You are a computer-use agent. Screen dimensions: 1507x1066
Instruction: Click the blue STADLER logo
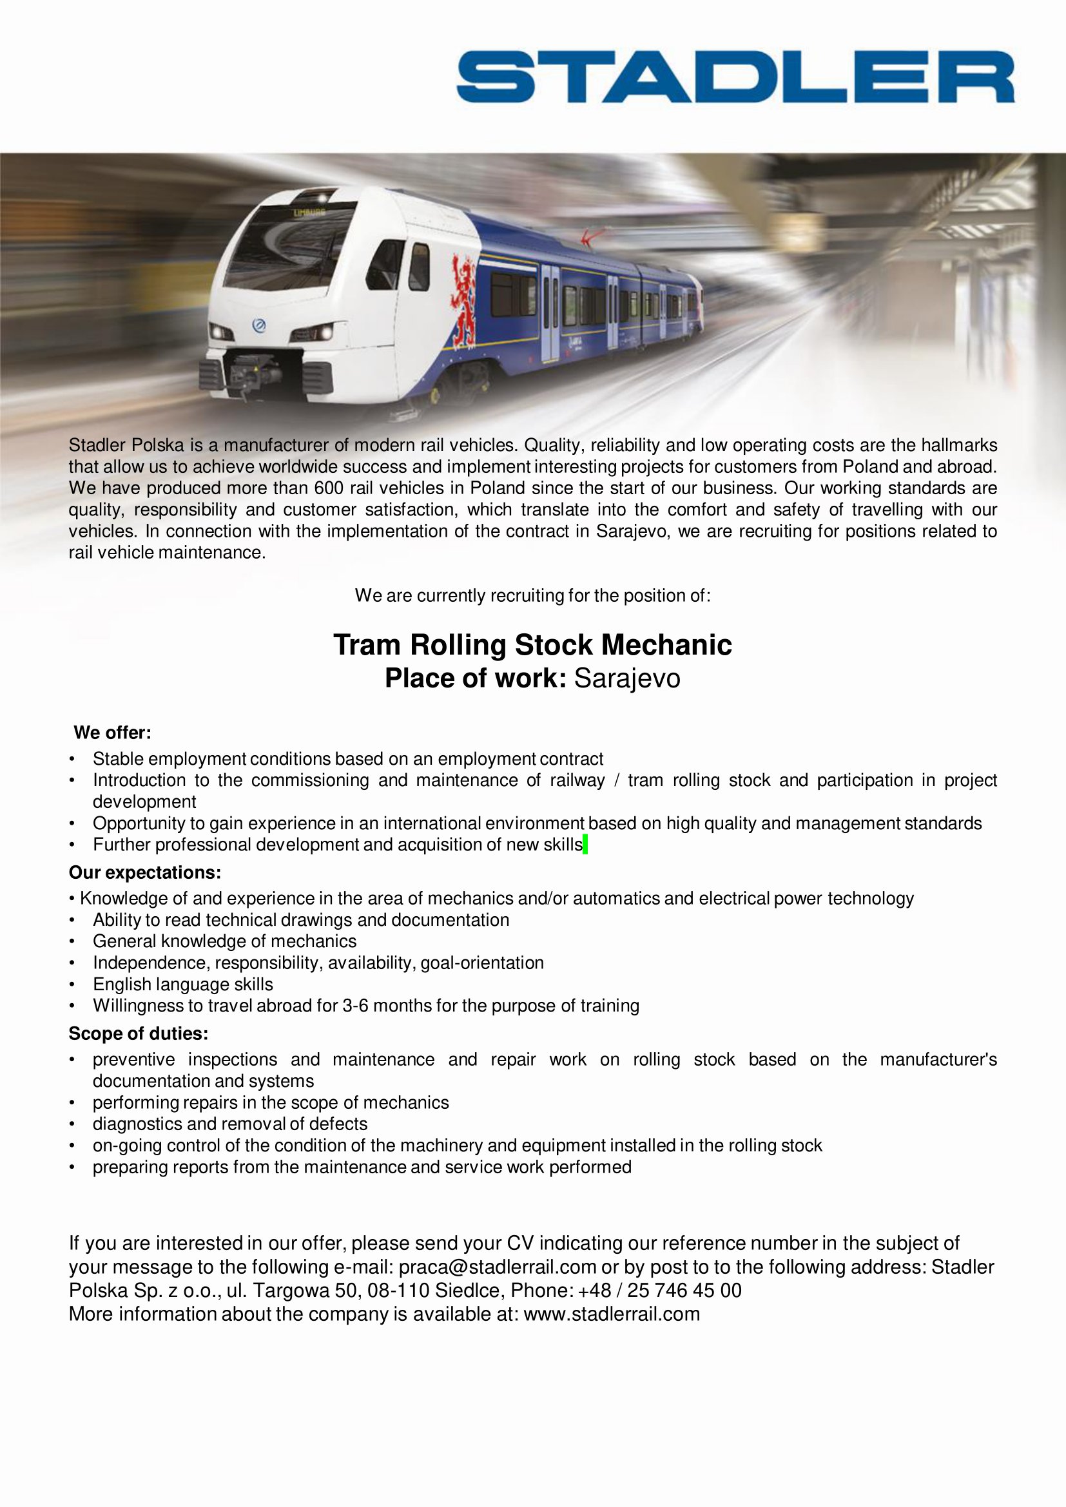(735, 77)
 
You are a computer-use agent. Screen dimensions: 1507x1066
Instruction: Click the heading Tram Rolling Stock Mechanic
(532, 644)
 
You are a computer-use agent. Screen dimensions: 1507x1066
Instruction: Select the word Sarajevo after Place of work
(627, 678)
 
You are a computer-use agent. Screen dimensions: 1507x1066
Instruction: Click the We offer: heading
(112, 732)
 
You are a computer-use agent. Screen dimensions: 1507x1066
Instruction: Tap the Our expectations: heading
(145, 873)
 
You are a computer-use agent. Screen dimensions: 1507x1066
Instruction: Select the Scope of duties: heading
(139, 1033)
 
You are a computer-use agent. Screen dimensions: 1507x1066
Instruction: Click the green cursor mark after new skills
(585, 845)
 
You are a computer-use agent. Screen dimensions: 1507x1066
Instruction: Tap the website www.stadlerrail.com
(612, 1314)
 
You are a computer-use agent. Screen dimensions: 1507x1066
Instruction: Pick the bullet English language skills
(182, 984)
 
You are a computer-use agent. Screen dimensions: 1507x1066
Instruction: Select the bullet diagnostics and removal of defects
(229, 1124)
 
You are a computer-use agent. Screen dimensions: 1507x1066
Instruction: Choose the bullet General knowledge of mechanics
(224, 942)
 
